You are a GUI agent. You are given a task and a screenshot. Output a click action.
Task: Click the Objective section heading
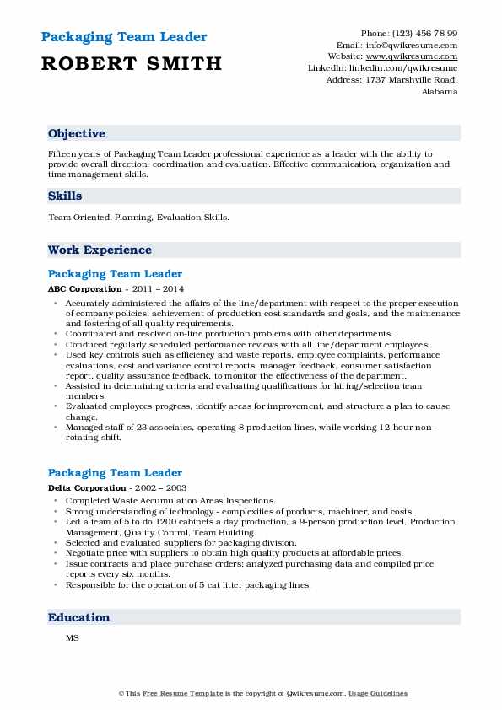pos(77,134)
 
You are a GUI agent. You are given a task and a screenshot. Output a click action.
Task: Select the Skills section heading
pos(65,196)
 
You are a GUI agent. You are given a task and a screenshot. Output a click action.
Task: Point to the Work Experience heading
pos(100,250)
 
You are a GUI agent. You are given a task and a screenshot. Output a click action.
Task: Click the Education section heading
pos(79,617)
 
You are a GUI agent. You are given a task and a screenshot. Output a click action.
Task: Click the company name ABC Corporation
pos(80,288)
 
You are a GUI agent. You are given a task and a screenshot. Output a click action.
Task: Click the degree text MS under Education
pos(72,638)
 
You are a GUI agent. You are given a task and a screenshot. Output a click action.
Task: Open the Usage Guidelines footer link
pos(379,693)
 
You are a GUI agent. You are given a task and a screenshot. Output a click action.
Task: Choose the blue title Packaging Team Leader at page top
pos(123,38)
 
